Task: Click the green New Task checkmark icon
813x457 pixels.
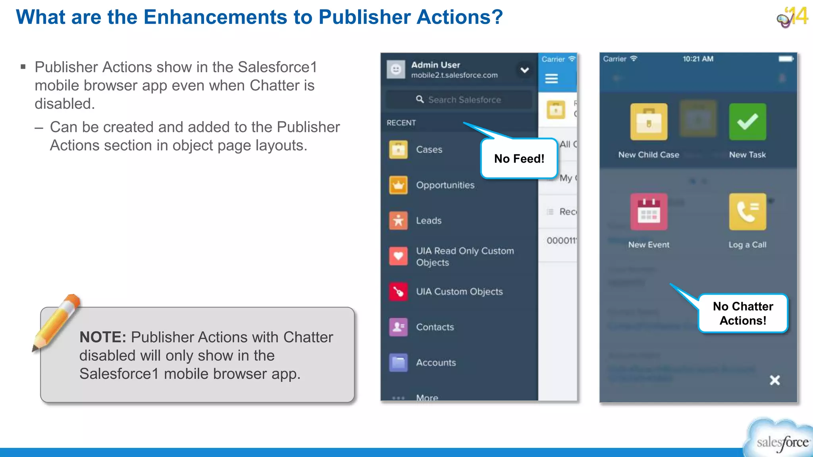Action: point(747,122)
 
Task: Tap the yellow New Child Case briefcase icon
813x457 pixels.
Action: point(649,122)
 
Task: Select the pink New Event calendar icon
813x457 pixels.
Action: point(649,212)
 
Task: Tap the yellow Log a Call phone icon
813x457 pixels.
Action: point(747,212)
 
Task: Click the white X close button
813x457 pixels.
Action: point(774,380)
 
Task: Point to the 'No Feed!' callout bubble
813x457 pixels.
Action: point(519,159)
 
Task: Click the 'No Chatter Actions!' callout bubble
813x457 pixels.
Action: point(743,313)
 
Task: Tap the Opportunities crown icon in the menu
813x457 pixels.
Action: point(398,185)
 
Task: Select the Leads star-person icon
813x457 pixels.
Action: point(398,221)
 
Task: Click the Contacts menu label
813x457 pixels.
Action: point(435,327)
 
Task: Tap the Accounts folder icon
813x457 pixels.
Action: point(398,363)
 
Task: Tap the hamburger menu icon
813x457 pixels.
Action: point(551,79)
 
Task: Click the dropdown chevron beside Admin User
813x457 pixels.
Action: point(524,70)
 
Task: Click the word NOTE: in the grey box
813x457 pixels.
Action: point(102,337)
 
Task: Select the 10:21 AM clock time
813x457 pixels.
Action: point(698,59)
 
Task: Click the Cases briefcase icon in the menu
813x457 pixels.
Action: point(398,150)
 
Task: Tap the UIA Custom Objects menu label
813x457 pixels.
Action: point(459,292)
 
